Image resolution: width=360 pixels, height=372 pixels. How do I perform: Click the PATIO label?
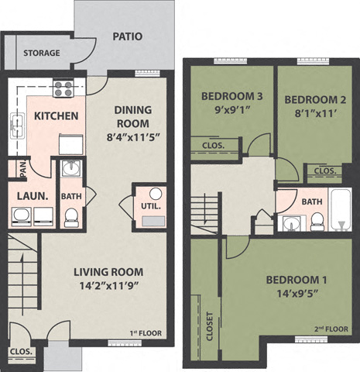[x=127, y=36]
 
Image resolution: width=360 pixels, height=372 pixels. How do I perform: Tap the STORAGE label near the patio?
[x=40, y=53]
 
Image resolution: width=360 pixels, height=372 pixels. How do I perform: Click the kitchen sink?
[x=17, y=122]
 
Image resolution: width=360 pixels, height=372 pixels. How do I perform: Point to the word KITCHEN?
[x=56, y=116]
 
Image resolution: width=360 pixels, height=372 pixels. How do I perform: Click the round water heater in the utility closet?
[x=154, y=194]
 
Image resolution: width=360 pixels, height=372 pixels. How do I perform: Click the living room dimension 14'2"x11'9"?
[x=110, y=285]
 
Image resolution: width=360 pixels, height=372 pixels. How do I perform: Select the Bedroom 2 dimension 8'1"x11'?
[x=310, y=112]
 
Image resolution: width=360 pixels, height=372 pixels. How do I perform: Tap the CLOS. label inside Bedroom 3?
[x=214, y=145]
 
